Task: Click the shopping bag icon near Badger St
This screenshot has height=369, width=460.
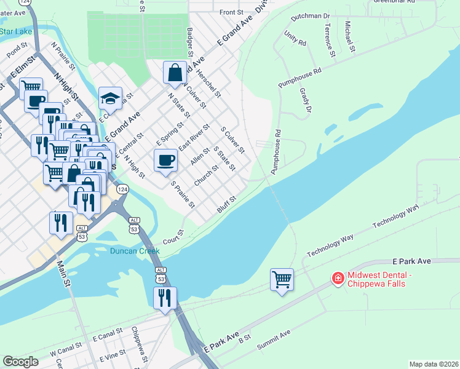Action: pyautogui.click(x=175, y=73)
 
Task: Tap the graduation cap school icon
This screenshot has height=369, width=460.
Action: pyautogui.click(x=111, y=98)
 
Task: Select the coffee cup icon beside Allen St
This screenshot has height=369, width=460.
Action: pyautogui.click(x=165, y=161)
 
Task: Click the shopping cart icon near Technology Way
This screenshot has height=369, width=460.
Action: pyautogui.click(x=282, y=280)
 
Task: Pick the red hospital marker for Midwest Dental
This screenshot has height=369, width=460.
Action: pyautogui.click(x=337, y=279)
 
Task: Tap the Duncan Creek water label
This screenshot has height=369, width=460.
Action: pyautogui.click(x=135, y=251)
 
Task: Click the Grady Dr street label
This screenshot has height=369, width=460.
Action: pyautogui.click(x=306, y=100)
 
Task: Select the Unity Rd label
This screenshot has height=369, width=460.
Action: pyautogui.click(x=295, y=40)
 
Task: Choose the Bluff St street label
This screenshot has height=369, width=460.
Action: pyautogui.click(x=226, y=205)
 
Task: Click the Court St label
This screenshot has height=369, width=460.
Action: pyautogui.click(x=174, y=237)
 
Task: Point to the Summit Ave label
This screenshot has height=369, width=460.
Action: pyautogui.click(x=274, y=340)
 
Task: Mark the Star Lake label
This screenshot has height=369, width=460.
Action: pyautogui.click(x=15, y=31)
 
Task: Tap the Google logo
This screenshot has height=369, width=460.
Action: pyautogui.click(x=20, y=362)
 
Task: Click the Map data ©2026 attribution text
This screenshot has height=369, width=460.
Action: pyautogui.click(x=434, y=364)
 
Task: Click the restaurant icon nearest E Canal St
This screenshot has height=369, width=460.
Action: pyautogui.click(x=165, y=298)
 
